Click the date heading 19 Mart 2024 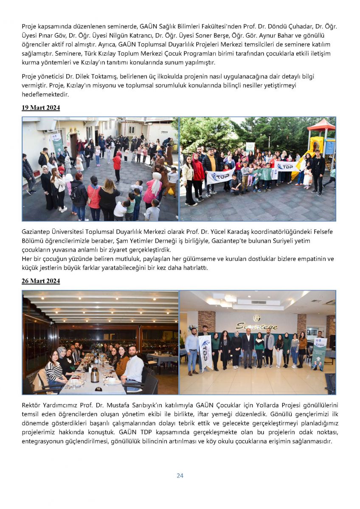(41, 108)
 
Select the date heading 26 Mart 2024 (41, 281)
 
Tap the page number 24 (180, 475)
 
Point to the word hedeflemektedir (45, 95)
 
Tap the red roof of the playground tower (321, 125)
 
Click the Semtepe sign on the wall (256, 325)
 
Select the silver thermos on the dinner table (95, 375)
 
